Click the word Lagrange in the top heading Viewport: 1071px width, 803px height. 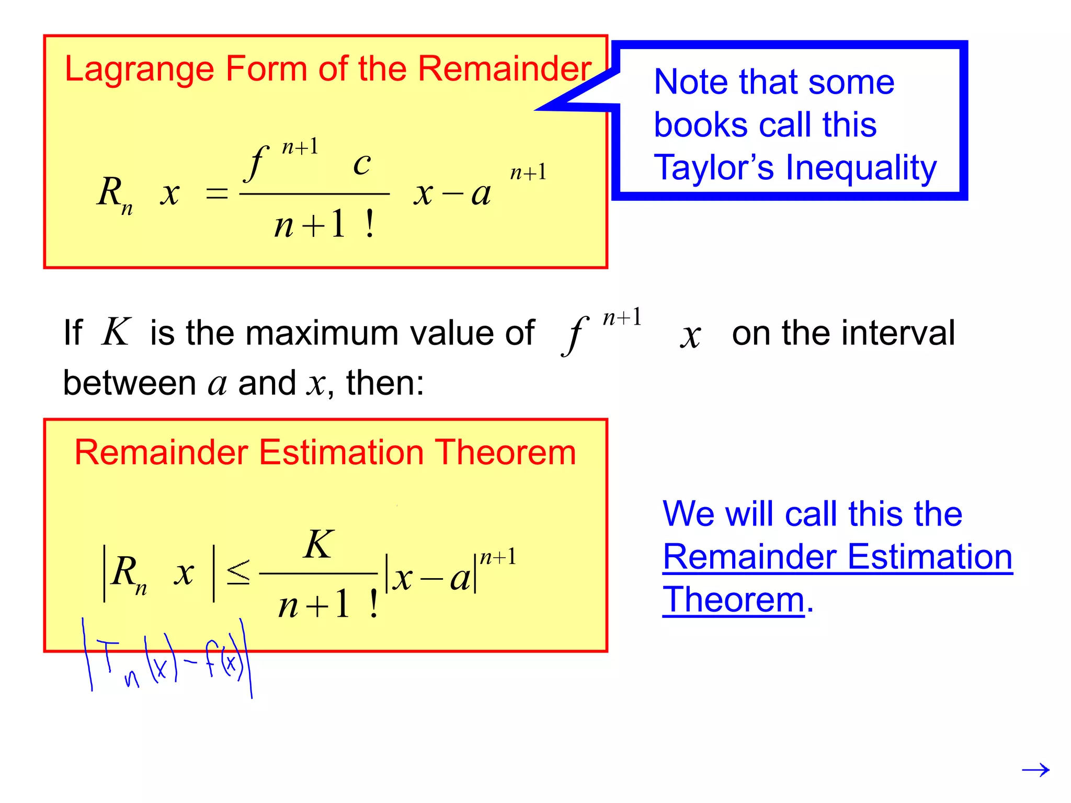pos(139,70)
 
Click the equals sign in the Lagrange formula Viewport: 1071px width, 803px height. pos(217,194)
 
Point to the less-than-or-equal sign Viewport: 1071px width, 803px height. pos(238,572)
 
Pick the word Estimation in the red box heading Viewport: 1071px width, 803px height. pos(341,453)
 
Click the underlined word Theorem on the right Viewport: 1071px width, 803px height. pos(733,600)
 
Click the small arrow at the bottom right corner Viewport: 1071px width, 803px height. pos(1035,770)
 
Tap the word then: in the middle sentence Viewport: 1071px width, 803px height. pos(385,383)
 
